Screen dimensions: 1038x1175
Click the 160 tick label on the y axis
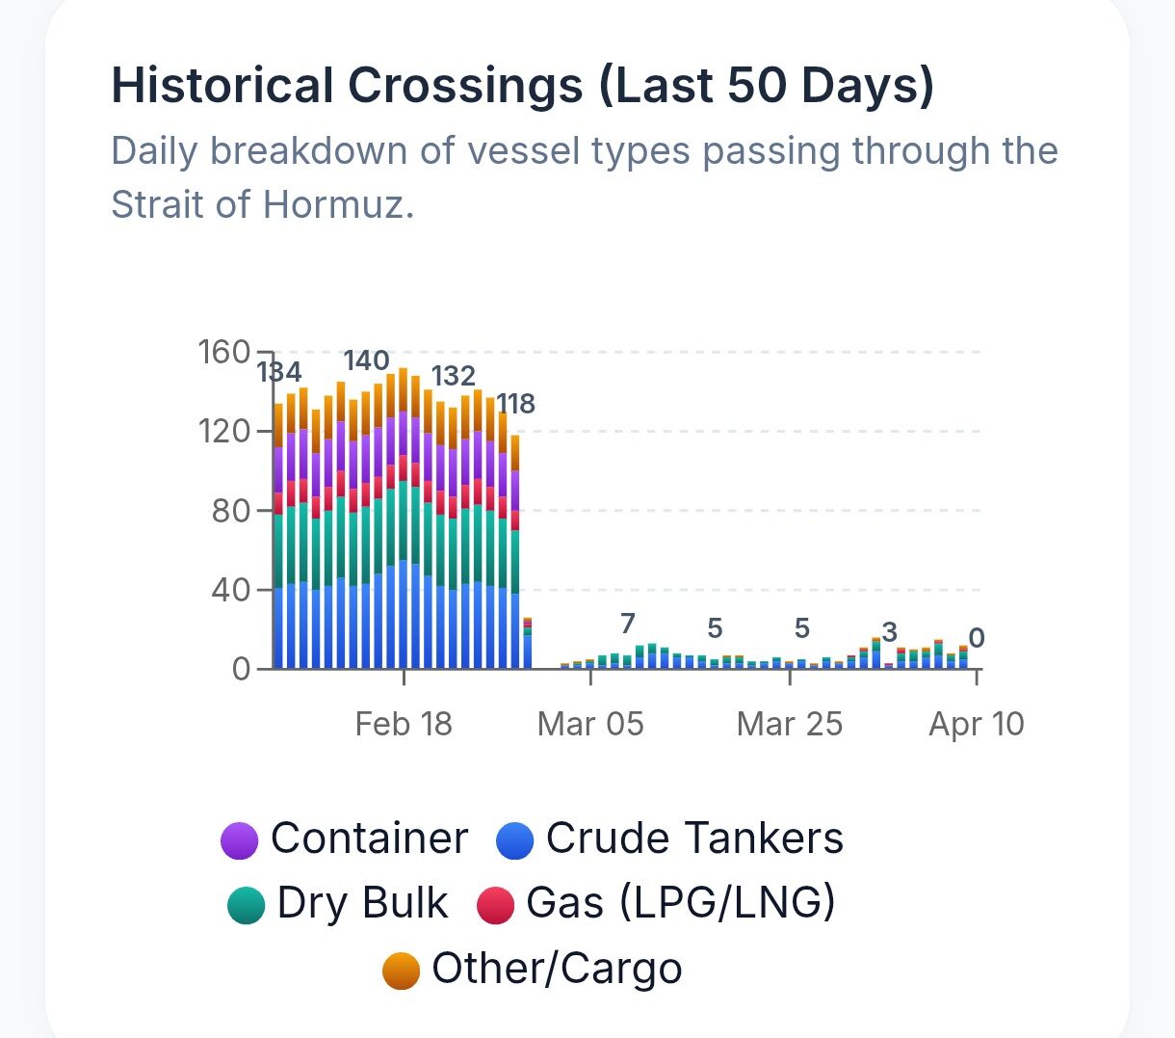(224, 352)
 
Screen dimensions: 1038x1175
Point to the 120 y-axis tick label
(224, 431)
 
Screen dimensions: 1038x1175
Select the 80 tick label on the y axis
(231, 510)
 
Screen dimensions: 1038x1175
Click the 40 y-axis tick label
(231, 589)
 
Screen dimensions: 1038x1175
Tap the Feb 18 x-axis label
(404, 724)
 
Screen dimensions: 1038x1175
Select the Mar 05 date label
(590, 724)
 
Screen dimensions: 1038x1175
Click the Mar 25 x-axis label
(789, 724)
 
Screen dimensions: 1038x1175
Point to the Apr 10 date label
(976, 724)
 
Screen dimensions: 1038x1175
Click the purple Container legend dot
(240, 839)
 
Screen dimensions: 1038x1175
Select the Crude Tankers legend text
(694, 838)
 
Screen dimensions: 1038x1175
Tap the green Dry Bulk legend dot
(246, 905)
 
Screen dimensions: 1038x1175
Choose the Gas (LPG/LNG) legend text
(681, 903)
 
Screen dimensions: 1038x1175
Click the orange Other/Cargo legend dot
(401, 971)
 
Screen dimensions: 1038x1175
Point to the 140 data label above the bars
(367, 361)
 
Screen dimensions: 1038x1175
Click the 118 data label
(515, 404)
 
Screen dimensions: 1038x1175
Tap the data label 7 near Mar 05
(628, 624)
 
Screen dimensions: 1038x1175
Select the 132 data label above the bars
(453, 376)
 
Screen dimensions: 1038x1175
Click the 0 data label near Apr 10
(976, 638)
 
